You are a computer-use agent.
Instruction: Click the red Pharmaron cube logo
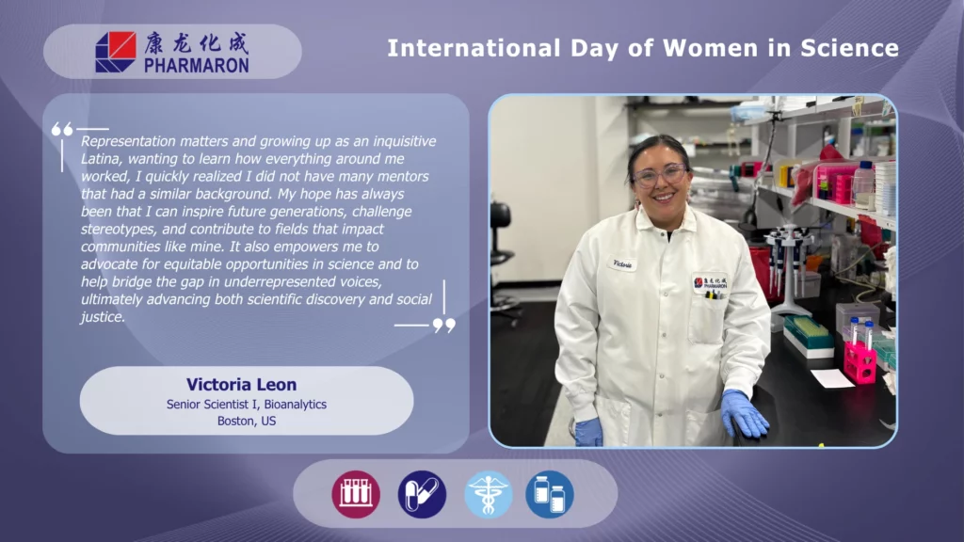click(116, 53)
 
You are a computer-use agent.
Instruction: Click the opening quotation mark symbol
click(62, 129)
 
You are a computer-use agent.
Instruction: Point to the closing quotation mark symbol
click(444, 325)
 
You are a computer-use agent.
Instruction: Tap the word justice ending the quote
click(102, 317)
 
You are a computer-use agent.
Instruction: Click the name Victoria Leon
click(242, 385)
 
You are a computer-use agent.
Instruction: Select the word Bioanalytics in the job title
click(295, 405)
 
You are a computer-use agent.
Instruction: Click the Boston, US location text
click(247, 421)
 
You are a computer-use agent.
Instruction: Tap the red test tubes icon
click(356, 494)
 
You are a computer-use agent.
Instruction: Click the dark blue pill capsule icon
click(422, 494)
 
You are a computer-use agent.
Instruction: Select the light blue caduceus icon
click(489, 494)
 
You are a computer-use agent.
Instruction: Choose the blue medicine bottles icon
click(550, 494)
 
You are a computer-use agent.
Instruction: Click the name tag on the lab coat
click(622, 263)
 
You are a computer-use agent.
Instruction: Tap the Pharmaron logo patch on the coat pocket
click(711, 283)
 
